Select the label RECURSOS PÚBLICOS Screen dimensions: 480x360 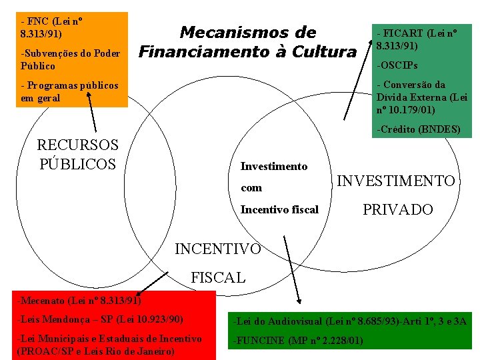tap(77, 154)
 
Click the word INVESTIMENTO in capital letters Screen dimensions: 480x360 tap(397, 181)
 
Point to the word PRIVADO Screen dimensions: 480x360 tap(397, 209)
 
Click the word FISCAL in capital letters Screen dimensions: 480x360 tap(218, 277)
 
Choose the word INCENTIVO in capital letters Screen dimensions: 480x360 tap(217, 249)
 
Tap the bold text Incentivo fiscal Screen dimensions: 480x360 tap(279, 209)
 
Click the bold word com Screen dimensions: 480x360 tap(251, 188)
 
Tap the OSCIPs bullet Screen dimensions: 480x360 tap(397, 66)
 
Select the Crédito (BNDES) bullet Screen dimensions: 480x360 tap(419, 129)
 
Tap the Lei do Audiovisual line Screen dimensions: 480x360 tap(349, 323)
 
